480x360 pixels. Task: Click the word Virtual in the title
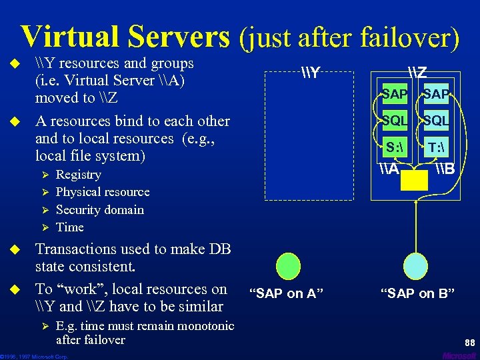click(63, 37)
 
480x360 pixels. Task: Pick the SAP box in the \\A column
click(395, 95)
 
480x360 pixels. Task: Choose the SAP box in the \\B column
click(436, 95)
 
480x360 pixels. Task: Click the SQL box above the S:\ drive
click(395, 121)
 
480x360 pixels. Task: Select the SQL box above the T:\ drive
click(436, 121)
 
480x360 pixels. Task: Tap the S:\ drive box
click(395, 147)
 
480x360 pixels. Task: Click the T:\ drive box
click(436, 147)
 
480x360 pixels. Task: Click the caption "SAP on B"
click(418, 293)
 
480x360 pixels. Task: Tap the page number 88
click(469, 343)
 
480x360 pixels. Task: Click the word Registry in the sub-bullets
click(79, 175)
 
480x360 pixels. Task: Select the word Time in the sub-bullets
click(70, 227)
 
